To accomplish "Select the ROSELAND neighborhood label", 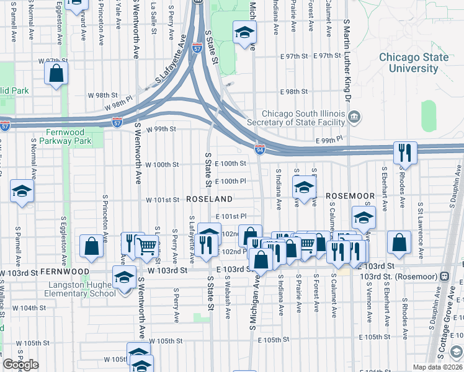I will [x=209, y=199].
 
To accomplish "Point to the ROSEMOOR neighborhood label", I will [x=350, y=196].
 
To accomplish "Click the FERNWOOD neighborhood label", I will [x=64, y=272].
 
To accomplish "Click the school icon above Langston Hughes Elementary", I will [x=124, y=277].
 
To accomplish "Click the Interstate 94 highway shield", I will [x=260, y=149].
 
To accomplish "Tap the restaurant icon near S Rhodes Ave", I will [x=404, y=153].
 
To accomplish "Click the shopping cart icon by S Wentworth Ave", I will [x=147, y=246].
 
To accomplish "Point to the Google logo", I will [x=20, y=365].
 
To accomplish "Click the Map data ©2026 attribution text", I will [x=437, y=367].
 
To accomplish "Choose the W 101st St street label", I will [x=163, y=200].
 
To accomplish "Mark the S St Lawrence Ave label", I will [x=421, y=221].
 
